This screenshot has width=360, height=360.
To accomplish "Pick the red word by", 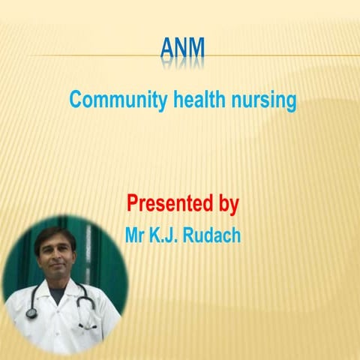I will pyautogui.click(x=227, y=204).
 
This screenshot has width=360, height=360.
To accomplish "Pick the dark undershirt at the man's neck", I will pyautogui.click(x=61, y=294).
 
